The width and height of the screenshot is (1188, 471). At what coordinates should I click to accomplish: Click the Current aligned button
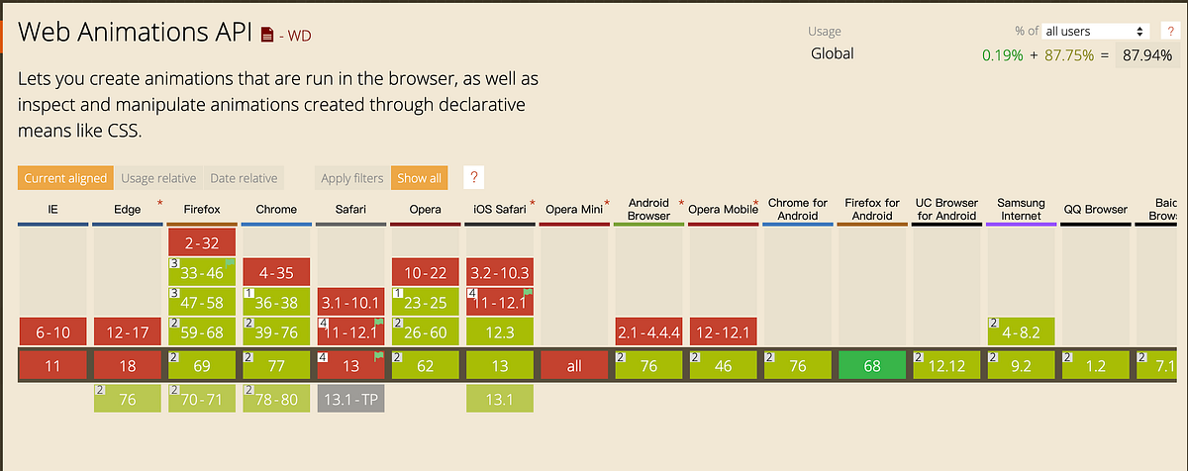click(x=65, y=178)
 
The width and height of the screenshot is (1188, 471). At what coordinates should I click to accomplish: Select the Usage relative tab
click(x=158, y=178)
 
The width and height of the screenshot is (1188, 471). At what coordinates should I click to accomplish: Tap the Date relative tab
click(x=244, y=178)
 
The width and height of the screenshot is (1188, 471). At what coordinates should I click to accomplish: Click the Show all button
click(x=419, y=178)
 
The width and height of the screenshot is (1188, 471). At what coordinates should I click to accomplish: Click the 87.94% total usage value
click(x=1148, y=55)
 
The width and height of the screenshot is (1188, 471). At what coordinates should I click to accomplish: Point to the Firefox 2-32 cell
click(x=202, y=242)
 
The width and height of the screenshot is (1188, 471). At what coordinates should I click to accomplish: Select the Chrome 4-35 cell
click(x=276, y=272)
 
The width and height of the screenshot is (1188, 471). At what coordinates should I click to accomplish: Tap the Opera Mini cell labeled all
click(x=574, y=365)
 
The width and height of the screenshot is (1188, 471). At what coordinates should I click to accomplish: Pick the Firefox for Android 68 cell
click(x=871, y=365)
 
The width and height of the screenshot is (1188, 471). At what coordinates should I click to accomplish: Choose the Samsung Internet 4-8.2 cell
click(x=1021, y=331)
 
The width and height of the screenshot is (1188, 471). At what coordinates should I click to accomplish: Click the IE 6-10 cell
click(x=52, y=331)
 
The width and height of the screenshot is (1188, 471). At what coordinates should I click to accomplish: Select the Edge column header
click(x=128, y=209)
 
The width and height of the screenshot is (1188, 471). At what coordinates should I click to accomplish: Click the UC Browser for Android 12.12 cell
click(x=946, y=365)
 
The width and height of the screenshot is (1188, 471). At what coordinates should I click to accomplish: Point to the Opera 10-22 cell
click(x=425, y=272)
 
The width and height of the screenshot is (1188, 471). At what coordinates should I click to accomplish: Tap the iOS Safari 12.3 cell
click(x=500, y=331)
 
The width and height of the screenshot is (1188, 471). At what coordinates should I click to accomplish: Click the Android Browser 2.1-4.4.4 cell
click(x=648, y=331)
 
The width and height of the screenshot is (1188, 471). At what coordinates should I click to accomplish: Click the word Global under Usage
click(x=832, y=54)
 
